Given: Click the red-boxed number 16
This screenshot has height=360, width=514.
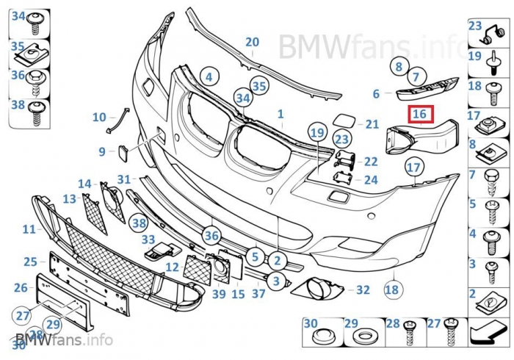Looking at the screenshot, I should pos(420,114).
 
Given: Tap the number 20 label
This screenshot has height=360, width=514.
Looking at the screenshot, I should pos(252,42).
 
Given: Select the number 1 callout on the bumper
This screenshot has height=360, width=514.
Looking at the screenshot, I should pos(280,115).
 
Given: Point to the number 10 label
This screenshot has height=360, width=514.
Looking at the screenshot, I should pos(99,117).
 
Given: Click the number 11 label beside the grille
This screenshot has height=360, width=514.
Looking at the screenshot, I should pos(29,229).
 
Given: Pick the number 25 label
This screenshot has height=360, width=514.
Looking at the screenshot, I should pos(30,262).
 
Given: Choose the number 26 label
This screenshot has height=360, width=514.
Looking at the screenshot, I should pos(21,288).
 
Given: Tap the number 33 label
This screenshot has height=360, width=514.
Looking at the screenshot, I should pos(148,239).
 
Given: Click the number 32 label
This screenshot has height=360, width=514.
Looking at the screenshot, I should pos(363,290).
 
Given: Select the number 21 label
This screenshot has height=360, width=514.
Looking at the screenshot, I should pos(372,125).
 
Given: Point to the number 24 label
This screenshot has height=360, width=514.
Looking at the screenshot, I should pos(371,179).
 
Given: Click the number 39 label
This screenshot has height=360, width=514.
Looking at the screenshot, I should pos(219,294).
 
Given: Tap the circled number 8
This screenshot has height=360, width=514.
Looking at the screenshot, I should pos(399,66).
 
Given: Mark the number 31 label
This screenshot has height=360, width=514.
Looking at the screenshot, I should pos(123,179).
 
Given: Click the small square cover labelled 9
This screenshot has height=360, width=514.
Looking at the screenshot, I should pos(123,153).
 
